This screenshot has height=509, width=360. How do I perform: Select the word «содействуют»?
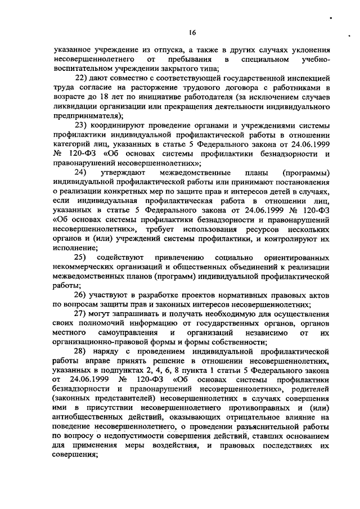124,257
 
